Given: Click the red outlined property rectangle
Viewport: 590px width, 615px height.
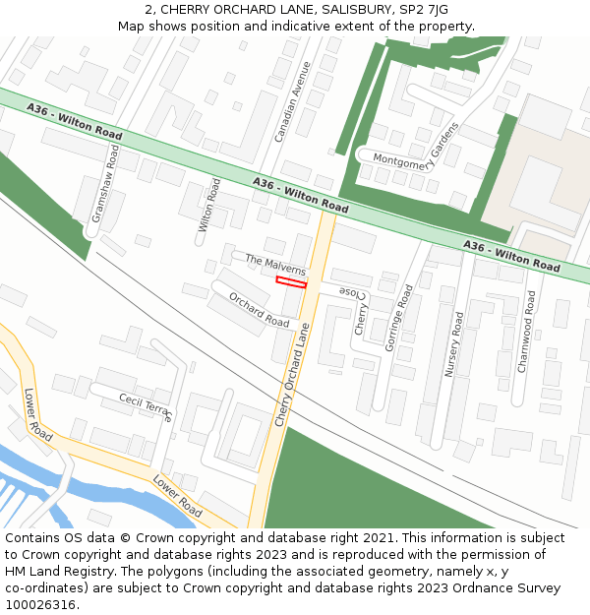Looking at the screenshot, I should pyautogui.click(x=291, y=282).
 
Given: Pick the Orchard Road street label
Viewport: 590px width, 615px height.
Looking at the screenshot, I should pyautogui.click(x=259, y=309).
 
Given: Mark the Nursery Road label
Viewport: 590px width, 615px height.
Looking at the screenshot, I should pyautogui.click(x=454, y=344).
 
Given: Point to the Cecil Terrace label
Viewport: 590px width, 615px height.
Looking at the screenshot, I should pyautogui.click(x=145, y=405).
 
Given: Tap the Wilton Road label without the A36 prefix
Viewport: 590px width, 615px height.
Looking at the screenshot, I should pyautogui.click(x=207, y=205).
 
